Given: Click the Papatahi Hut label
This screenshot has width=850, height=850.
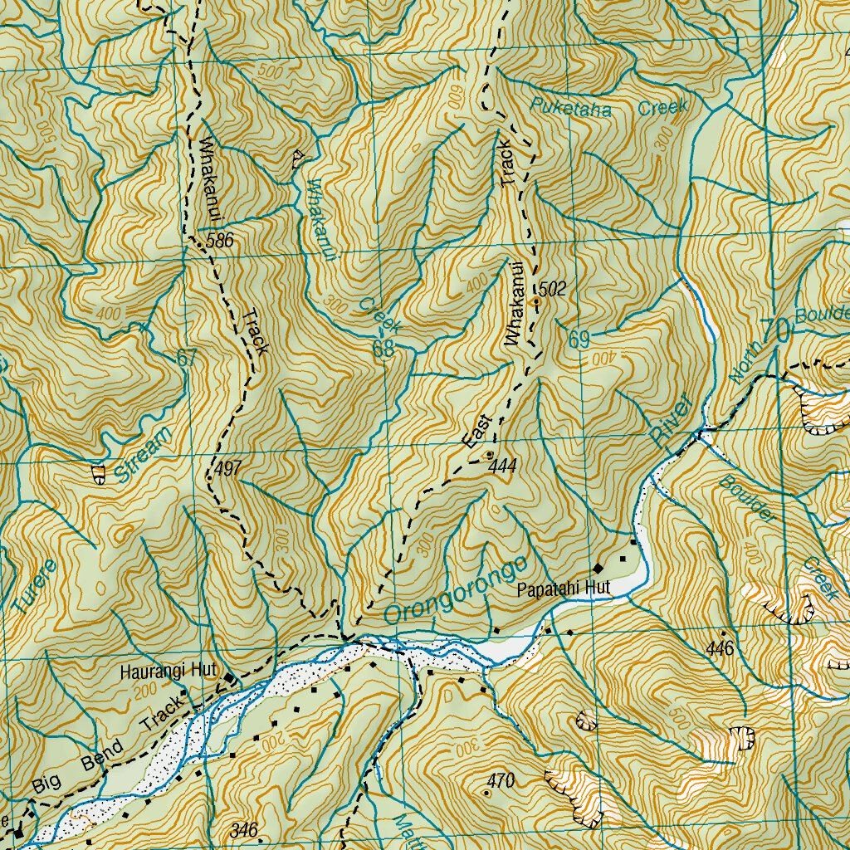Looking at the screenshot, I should pyautogui.click(x=563, y=589).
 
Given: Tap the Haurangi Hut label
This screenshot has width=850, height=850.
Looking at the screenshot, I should pyautogui.click(x=168, y=670).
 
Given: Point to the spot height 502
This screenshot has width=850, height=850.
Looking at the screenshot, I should pyautogui.click(x=552, y=289).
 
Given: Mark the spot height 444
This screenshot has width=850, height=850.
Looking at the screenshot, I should pyautogui.click(x=502, y=467).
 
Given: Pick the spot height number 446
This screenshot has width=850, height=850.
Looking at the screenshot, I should pyautogui.click(x=720, y=648).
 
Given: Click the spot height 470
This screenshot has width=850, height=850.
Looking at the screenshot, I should pyautogui.click(x=501, y=780).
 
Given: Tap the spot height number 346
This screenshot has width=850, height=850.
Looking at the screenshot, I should pyautogui.click(x=244, y=829).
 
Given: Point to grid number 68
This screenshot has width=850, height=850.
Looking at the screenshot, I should pyautogui.click(x=383, y=349).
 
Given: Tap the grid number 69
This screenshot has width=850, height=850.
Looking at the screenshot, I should pyautogui.click(x=579, y=340).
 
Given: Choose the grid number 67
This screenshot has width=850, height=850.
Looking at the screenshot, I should pyautogui.click(x=188, y=359).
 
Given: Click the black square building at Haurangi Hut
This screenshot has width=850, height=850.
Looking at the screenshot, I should pyautogui.click(x=230, y=681).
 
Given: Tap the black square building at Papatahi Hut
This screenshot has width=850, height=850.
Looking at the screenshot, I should pyautogui.click(x=598, y=568).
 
